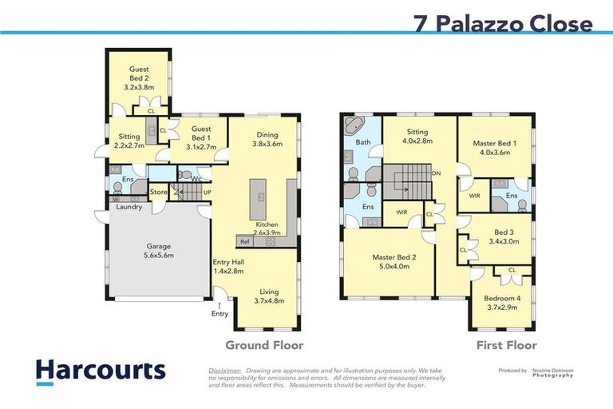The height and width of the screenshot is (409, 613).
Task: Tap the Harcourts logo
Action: coord(101,370)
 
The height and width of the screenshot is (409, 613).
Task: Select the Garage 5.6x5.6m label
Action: coord(157,251)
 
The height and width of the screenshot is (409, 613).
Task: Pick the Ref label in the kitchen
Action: coord(245,241)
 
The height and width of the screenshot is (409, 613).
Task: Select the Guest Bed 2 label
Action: coord(139,79)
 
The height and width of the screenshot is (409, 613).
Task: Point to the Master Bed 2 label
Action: coord(391,262)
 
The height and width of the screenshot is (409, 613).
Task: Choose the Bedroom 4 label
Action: coord(502,303)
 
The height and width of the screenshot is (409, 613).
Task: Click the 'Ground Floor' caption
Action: coord(264,345)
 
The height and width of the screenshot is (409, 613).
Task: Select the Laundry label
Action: coord(129,207)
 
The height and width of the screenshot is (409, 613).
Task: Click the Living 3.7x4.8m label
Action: coord(268,296)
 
